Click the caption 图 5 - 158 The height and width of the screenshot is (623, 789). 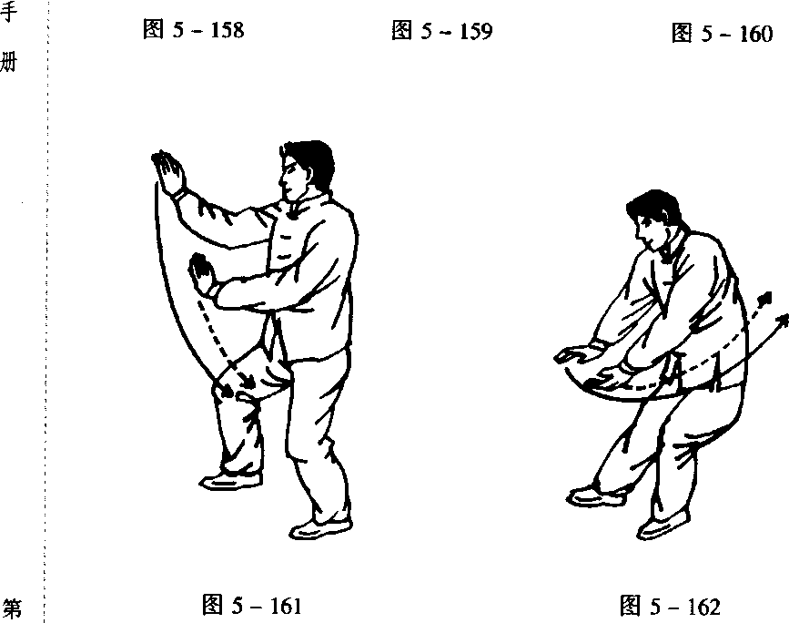pos(193,30)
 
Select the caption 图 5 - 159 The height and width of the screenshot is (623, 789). pos(441,31)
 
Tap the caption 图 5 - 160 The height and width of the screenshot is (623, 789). pos(722,34)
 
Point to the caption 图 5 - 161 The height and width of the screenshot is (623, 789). pos(251,605)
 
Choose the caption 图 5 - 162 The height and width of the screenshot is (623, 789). pos(670,606)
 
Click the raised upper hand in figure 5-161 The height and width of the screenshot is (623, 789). pos(168,171)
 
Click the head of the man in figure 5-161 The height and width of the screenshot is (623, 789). pos(305,169)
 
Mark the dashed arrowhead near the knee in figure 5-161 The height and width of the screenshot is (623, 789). pos(248,383)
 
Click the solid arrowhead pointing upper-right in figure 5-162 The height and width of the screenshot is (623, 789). pos(783,320)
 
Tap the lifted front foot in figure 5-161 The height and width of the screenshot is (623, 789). pos(231,481)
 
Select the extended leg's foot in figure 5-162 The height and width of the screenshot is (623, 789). pos(596,495)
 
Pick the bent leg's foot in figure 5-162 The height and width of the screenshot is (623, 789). pos(663,526)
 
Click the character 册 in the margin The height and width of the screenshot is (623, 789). pos(9,62)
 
